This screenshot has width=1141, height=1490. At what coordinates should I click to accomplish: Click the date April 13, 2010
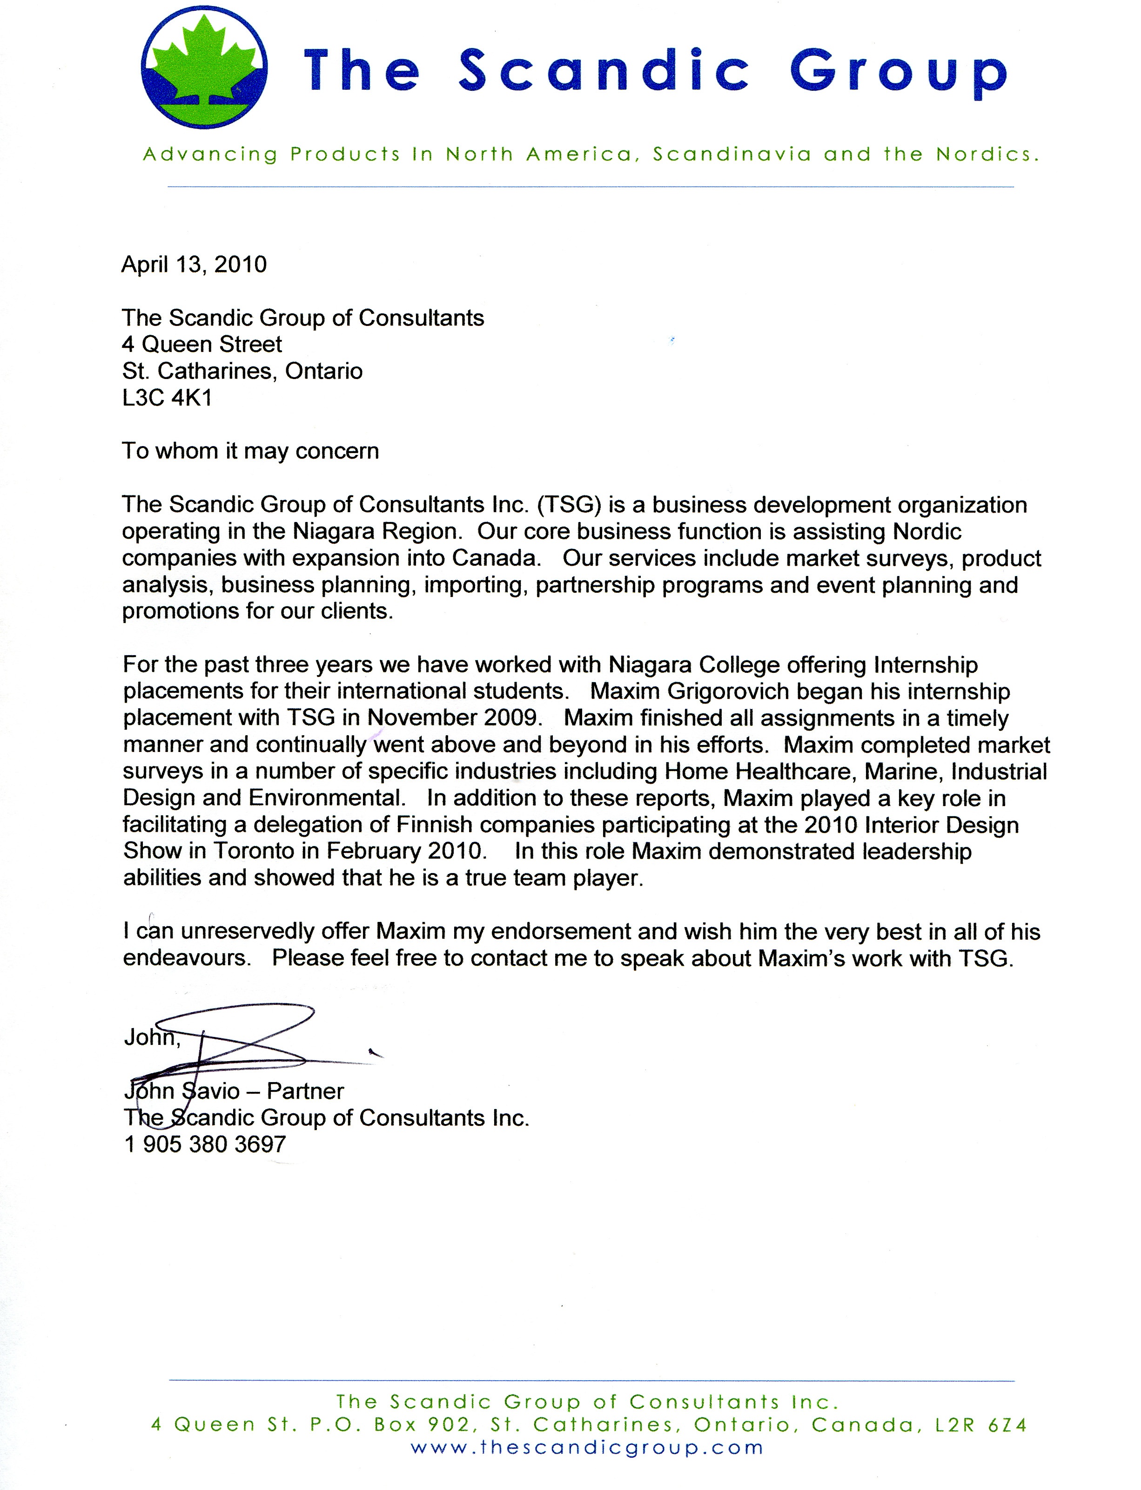point(194,264)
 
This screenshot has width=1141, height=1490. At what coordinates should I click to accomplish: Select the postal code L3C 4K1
point(167,398)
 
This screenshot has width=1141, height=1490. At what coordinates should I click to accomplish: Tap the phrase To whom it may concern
point(250,451)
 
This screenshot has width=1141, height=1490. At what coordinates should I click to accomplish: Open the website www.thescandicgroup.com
point(587,1447)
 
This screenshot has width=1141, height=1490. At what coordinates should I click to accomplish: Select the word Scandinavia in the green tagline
point(732,154)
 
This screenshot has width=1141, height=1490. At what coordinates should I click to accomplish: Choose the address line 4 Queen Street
point(201,345)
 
